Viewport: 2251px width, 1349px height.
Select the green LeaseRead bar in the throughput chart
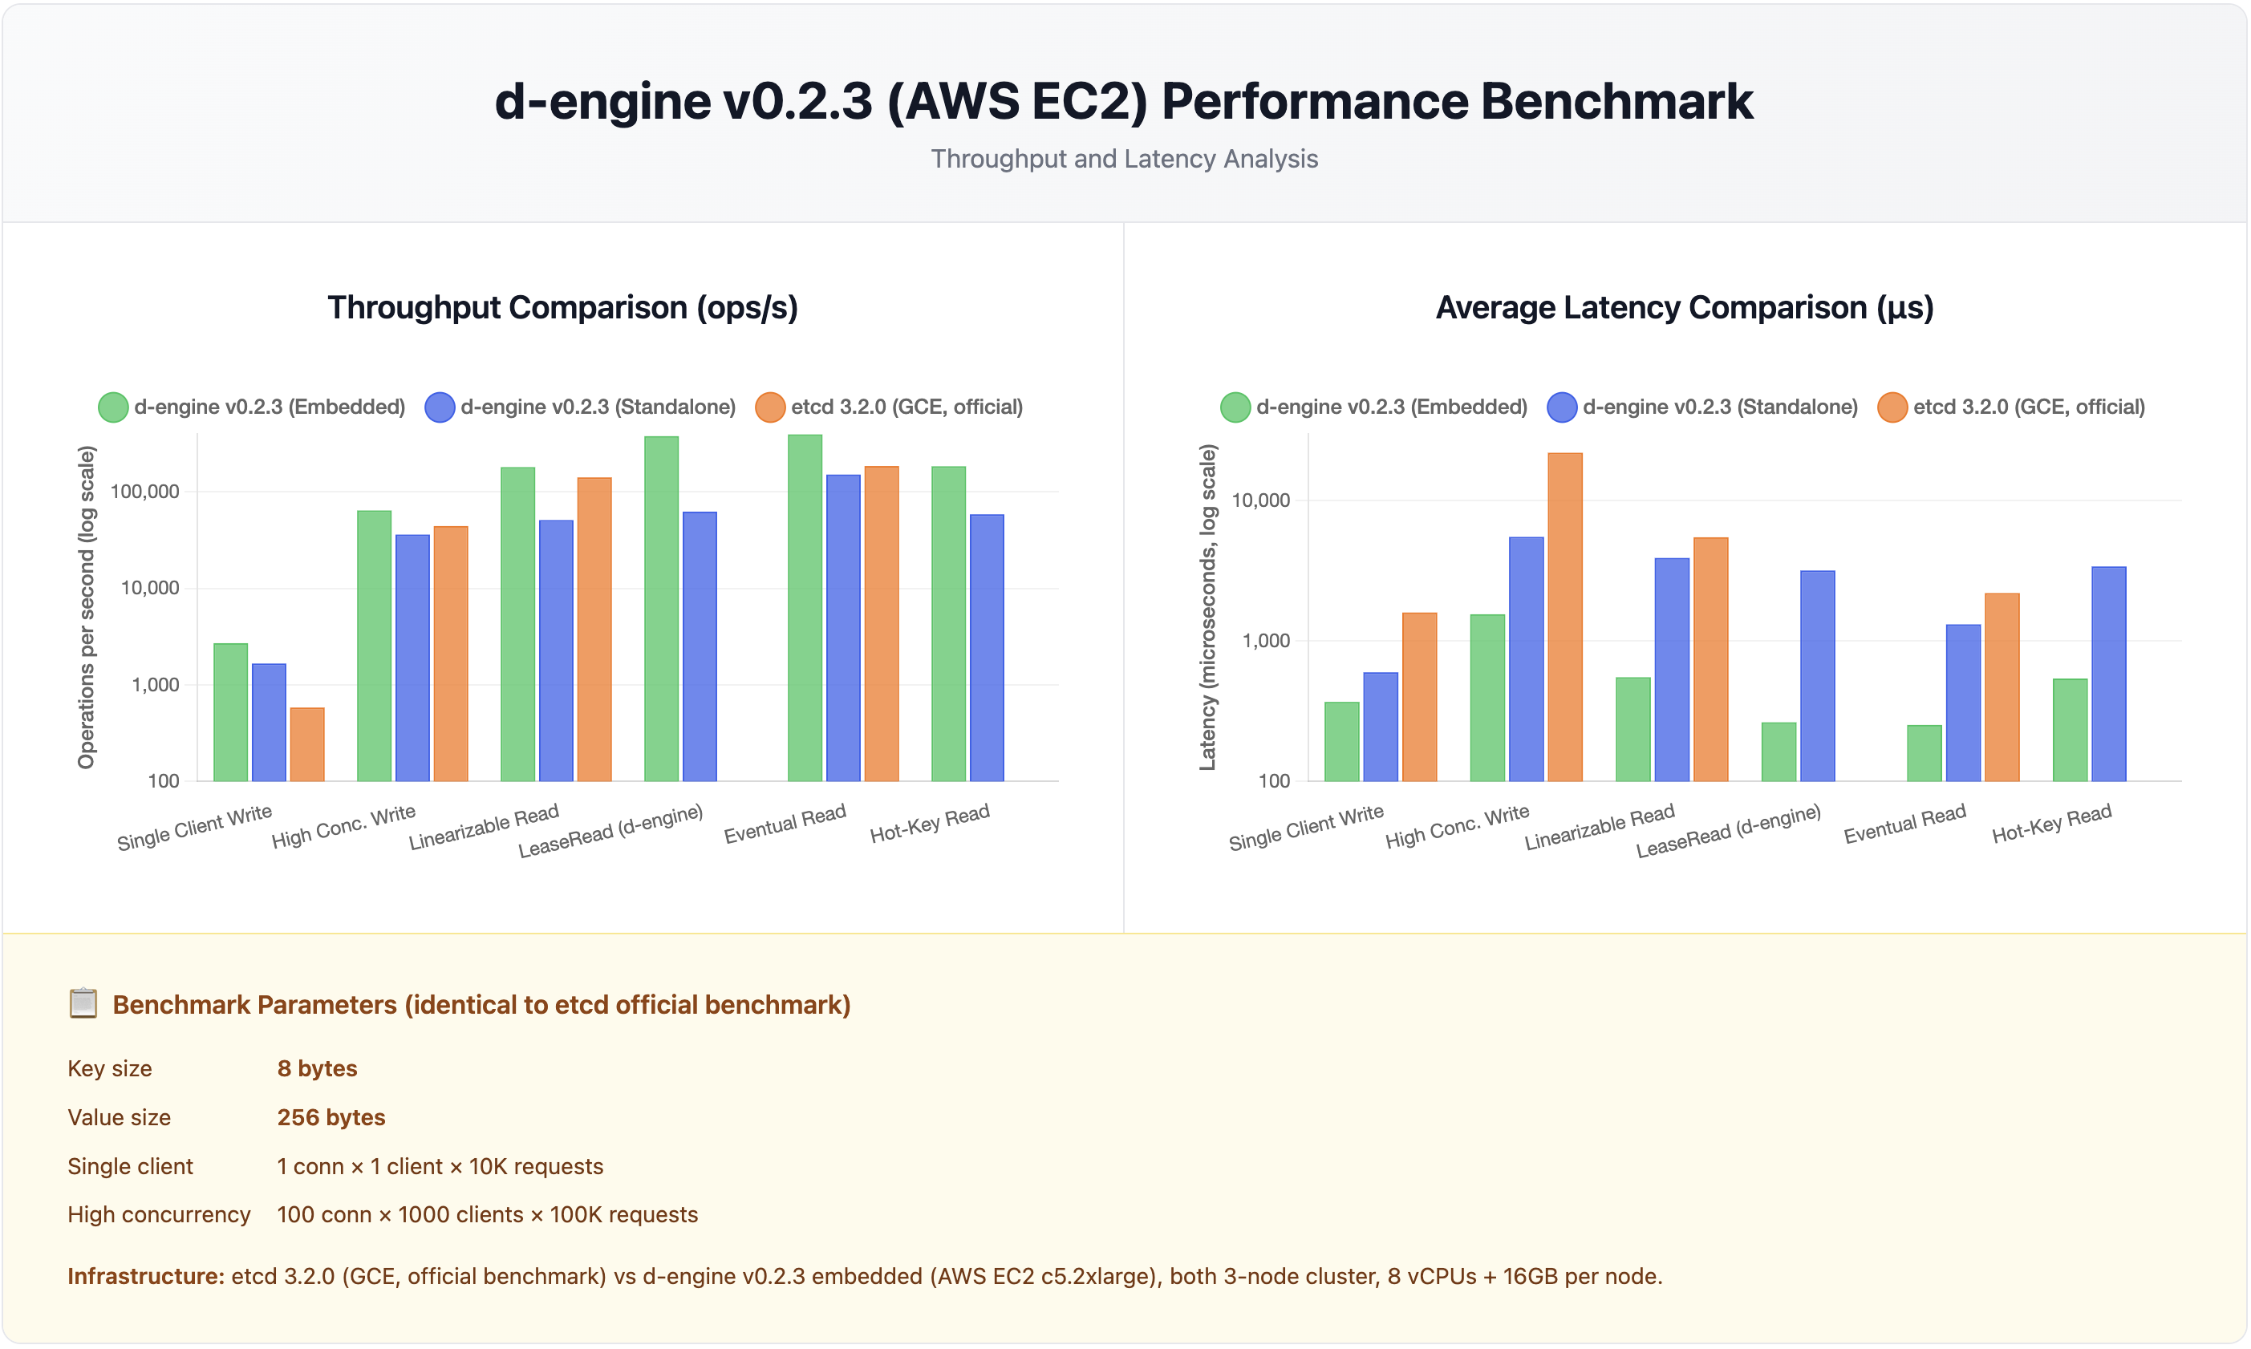click(661, 608)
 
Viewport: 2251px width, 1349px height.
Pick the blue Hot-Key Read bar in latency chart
click(2107, 674)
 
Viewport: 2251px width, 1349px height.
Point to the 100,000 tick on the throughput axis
click(144, 492)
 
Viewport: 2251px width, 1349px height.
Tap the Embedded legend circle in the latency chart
click(1235, 407)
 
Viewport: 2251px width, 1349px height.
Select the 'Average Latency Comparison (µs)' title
click(1684, 307)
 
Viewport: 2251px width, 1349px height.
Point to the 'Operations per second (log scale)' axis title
click(87, 606)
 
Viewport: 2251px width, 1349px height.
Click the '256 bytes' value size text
click(331, 1117)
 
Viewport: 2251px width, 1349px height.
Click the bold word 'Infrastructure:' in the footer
click(145, 1276)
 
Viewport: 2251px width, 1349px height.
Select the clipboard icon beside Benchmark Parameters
click(83, 1003)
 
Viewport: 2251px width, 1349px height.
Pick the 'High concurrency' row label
click(158, 1214)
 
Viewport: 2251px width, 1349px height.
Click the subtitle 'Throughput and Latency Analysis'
click(1124, 159)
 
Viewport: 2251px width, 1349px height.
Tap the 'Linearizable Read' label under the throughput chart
click(484, 826)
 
